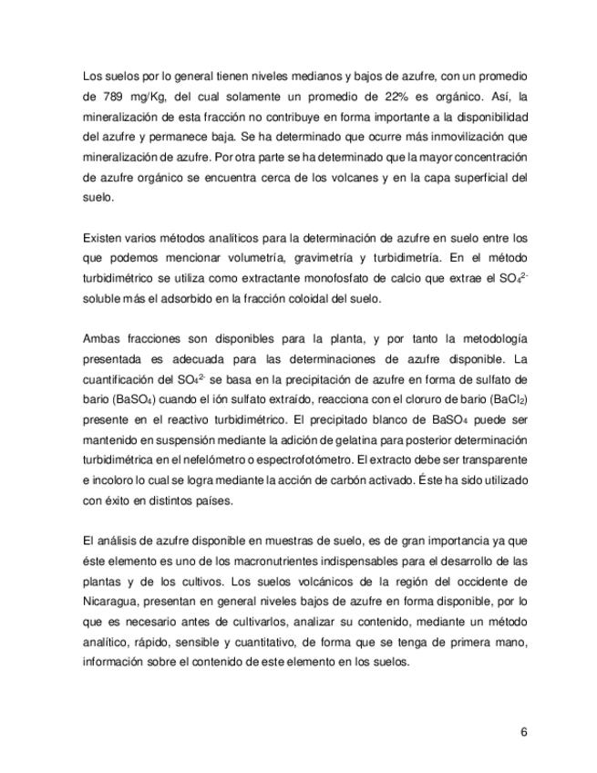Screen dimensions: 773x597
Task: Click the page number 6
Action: pyautogui.click(x=524, y=730)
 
